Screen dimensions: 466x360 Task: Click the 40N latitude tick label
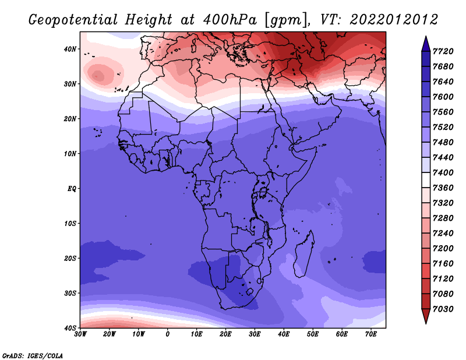[x=70, y=49]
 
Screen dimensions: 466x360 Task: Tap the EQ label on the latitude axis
[x=72, y=189]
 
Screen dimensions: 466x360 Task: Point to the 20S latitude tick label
[x=70, y=258]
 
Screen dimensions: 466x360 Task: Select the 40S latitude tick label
[x=70, y=328]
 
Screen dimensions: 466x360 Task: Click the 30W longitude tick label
[x=80, y=334]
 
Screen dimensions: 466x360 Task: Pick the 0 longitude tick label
[x=168, y=334]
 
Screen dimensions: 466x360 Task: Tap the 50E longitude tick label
[x=313, y=334]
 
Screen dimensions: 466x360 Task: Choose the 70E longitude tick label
[x=371, y=334]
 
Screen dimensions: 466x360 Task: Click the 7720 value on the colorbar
[x=443, y=51]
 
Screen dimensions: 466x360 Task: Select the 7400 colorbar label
[x=443, y=172]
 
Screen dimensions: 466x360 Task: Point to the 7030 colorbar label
[x=443, y=309]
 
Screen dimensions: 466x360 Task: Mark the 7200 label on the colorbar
[x=443, y=249]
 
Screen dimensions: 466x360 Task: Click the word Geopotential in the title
[x=73, y=20]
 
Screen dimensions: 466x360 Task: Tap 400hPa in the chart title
[x=230, y=20]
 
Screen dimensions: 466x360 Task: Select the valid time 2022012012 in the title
[x=394, y=20]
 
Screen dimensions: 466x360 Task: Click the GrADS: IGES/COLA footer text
[x=33, y=356]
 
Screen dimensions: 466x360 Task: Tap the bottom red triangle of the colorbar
[x=426, y=316]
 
